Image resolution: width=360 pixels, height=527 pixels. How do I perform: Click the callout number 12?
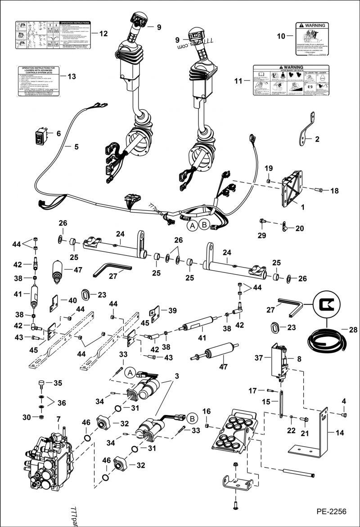coord(103,34)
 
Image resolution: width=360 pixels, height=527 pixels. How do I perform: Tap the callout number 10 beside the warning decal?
coord(281,36)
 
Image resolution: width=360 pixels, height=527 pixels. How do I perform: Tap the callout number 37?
coord(259,358)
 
